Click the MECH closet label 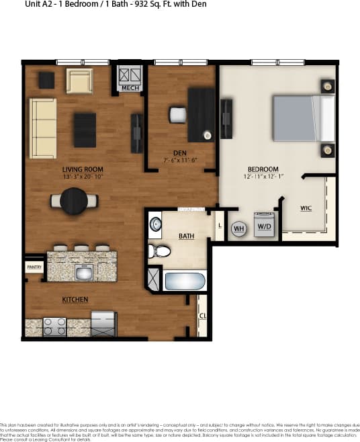130,87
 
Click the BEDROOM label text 263,169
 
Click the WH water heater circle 238,228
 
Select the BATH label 186,236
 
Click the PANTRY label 34,267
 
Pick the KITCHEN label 75,299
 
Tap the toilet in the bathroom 158,252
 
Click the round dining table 73,200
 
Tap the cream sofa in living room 42,128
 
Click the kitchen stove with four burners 54,326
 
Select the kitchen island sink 85,273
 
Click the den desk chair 177,115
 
